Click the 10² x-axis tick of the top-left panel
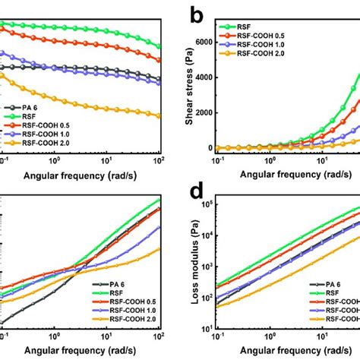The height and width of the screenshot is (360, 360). pyautogui.click(x=158, y=161)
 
